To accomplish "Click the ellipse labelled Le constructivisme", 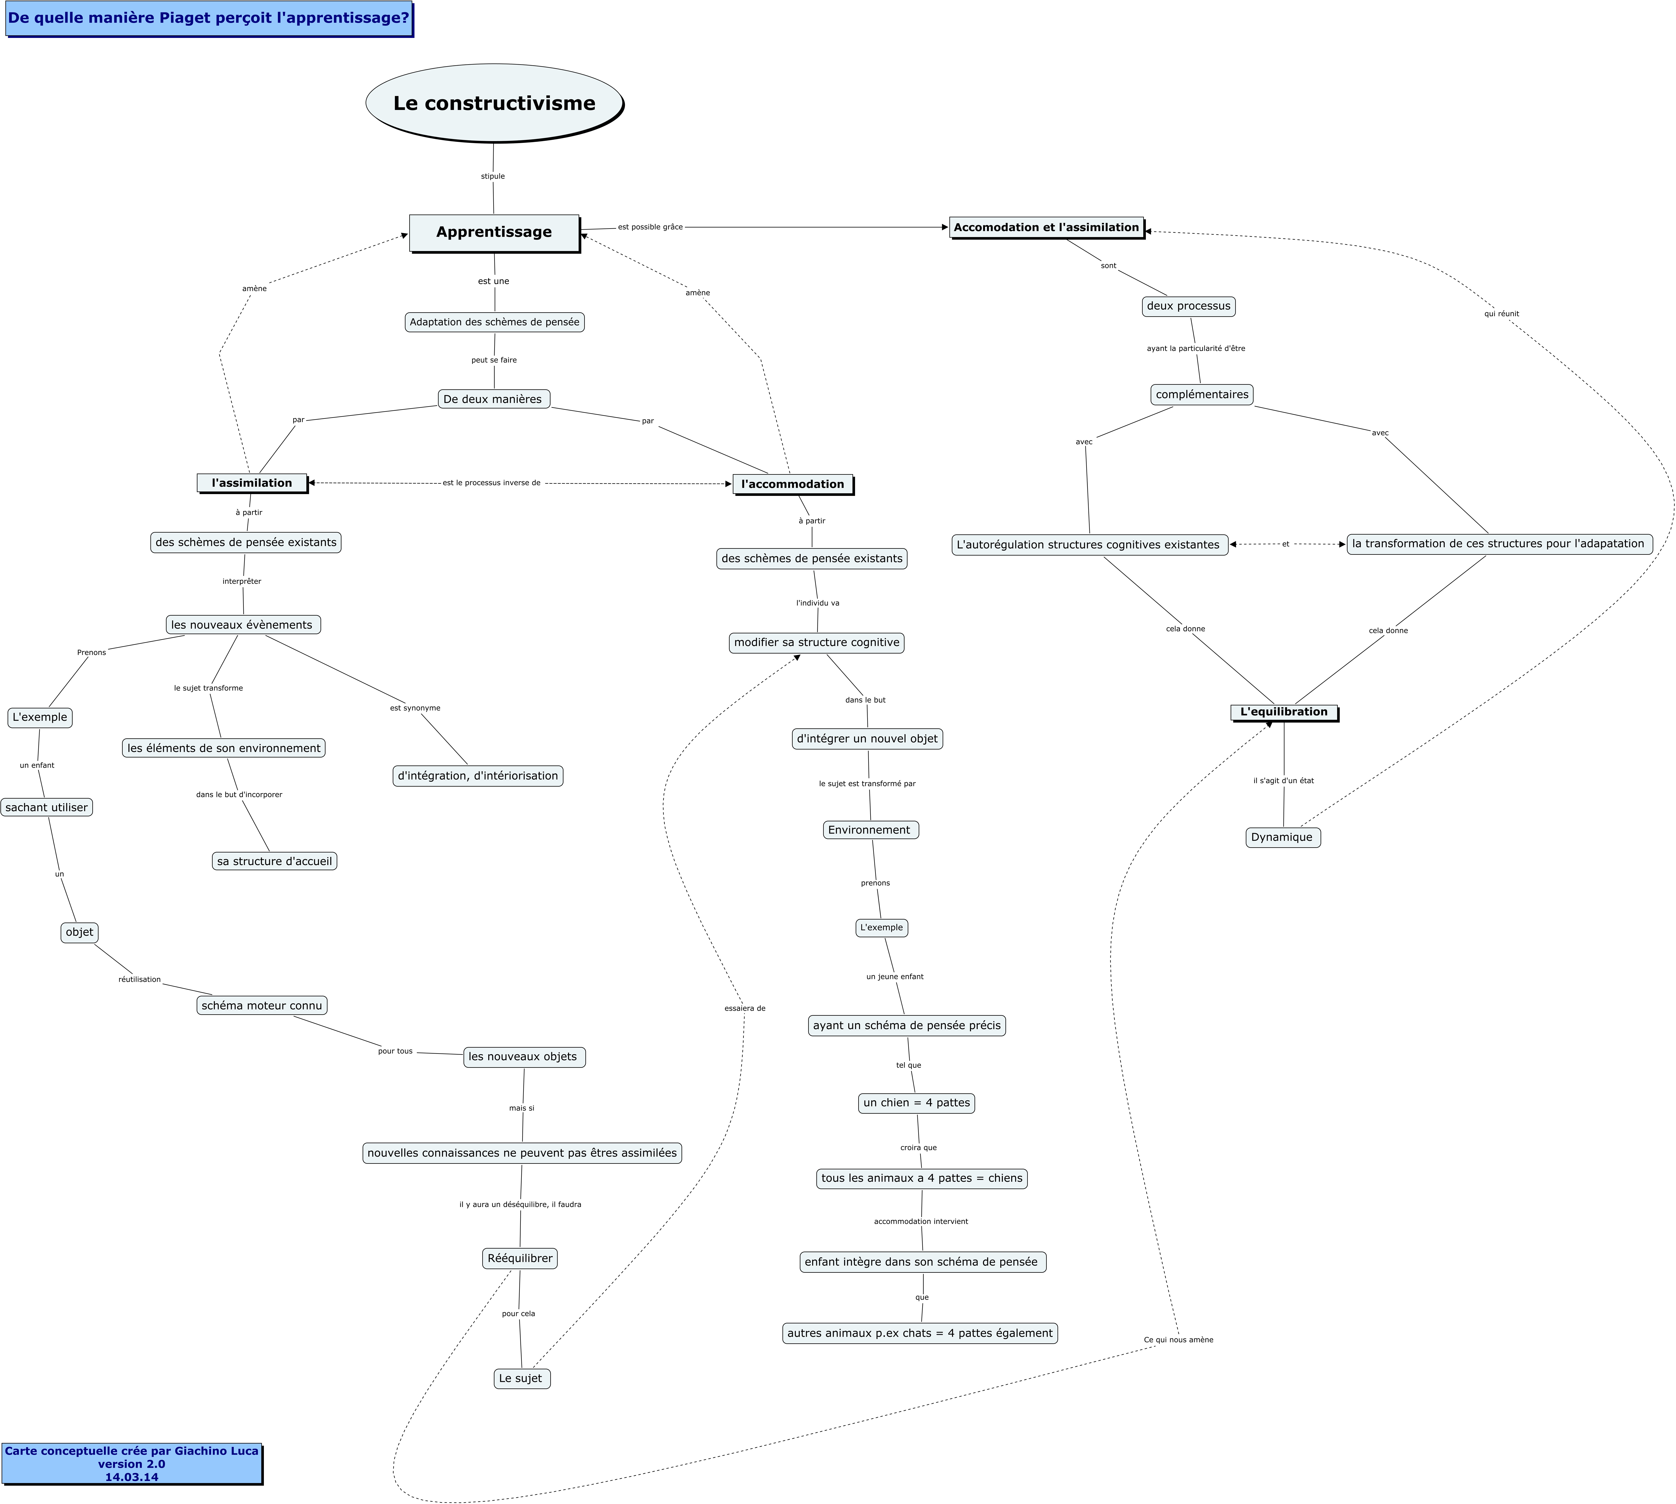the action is click(494, 103).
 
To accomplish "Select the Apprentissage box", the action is click(494, 232).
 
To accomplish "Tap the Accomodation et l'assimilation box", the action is click(1047, 227).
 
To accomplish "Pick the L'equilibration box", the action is click(1284, 712).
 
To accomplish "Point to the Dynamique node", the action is click(1282, 837).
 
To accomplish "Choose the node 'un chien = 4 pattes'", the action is click(917, 1102).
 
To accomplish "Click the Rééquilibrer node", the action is click(520, 1259).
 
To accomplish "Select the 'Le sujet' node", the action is click(521, 1378).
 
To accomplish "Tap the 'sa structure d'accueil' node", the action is click(274, 861).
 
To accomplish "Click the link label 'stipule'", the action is click(493, 176).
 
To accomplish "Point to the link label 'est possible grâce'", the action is click(650, 227).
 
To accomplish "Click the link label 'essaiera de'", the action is click(745, 1008).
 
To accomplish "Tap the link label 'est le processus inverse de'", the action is click(491, 483).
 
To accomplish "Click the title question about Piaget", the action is click(209, 18).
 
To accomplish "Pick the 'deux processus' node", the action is click(1189, 306).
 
